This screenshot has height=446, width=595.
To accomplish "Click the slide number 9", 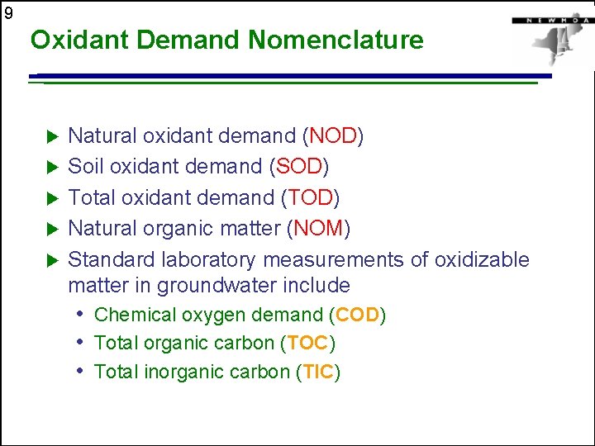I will (7, 13).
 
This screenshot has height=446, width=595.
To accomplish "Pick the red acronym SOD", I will (299, 166).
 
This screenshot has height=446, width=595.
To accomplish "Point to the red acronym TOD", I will (311, 197).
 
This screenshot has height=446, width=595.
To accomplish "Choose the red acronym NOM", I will (321, 228).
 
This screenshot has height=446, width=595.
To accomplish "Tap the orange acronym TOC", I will (307, 343).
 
